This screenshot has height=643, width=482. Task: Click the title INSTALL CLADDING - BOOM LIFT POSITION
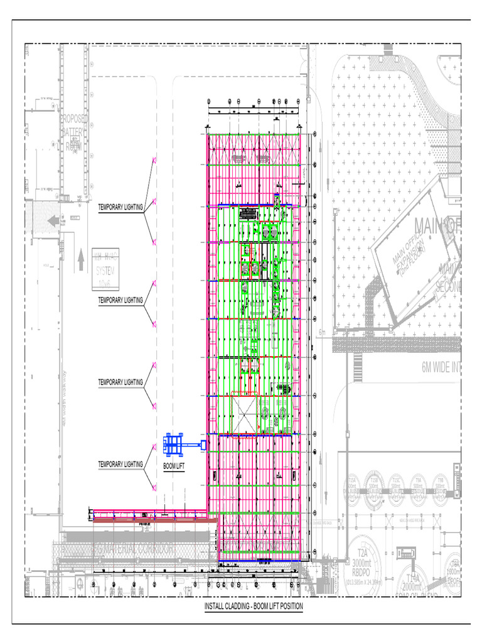(x=254, y=606)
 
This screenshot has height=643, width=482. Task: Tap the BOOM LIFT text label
(x=174, y=467)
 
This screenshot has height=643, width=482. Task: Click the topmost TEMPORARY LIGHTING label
(x=120, y=206)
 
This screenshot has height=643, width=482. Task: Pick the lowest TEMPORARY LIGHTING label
(x=120, y=464)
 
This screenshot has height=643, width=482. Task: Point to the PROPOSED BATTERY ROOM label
(x=74, y=132)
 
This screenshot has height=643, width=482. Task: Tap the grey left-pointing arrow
(x=53, y=220)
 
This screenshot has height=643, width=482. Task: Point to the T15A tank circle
(x=351, y=485)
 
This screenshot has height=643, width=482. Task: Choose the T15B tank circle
(x=374, y=485)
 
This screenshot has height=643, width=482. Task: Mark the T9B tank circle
(x=440, y=485)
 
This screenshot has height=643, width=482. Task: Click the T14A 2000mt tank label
(x=413, y=583)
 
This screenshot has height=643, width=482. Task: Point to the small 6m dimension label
(x=323, y=333)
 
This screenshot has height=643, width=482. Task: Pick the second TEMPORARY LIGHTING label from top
(x=120, y=300)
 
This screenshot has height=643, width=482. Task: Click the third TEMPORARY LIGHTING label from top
(x=120, y=382)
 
